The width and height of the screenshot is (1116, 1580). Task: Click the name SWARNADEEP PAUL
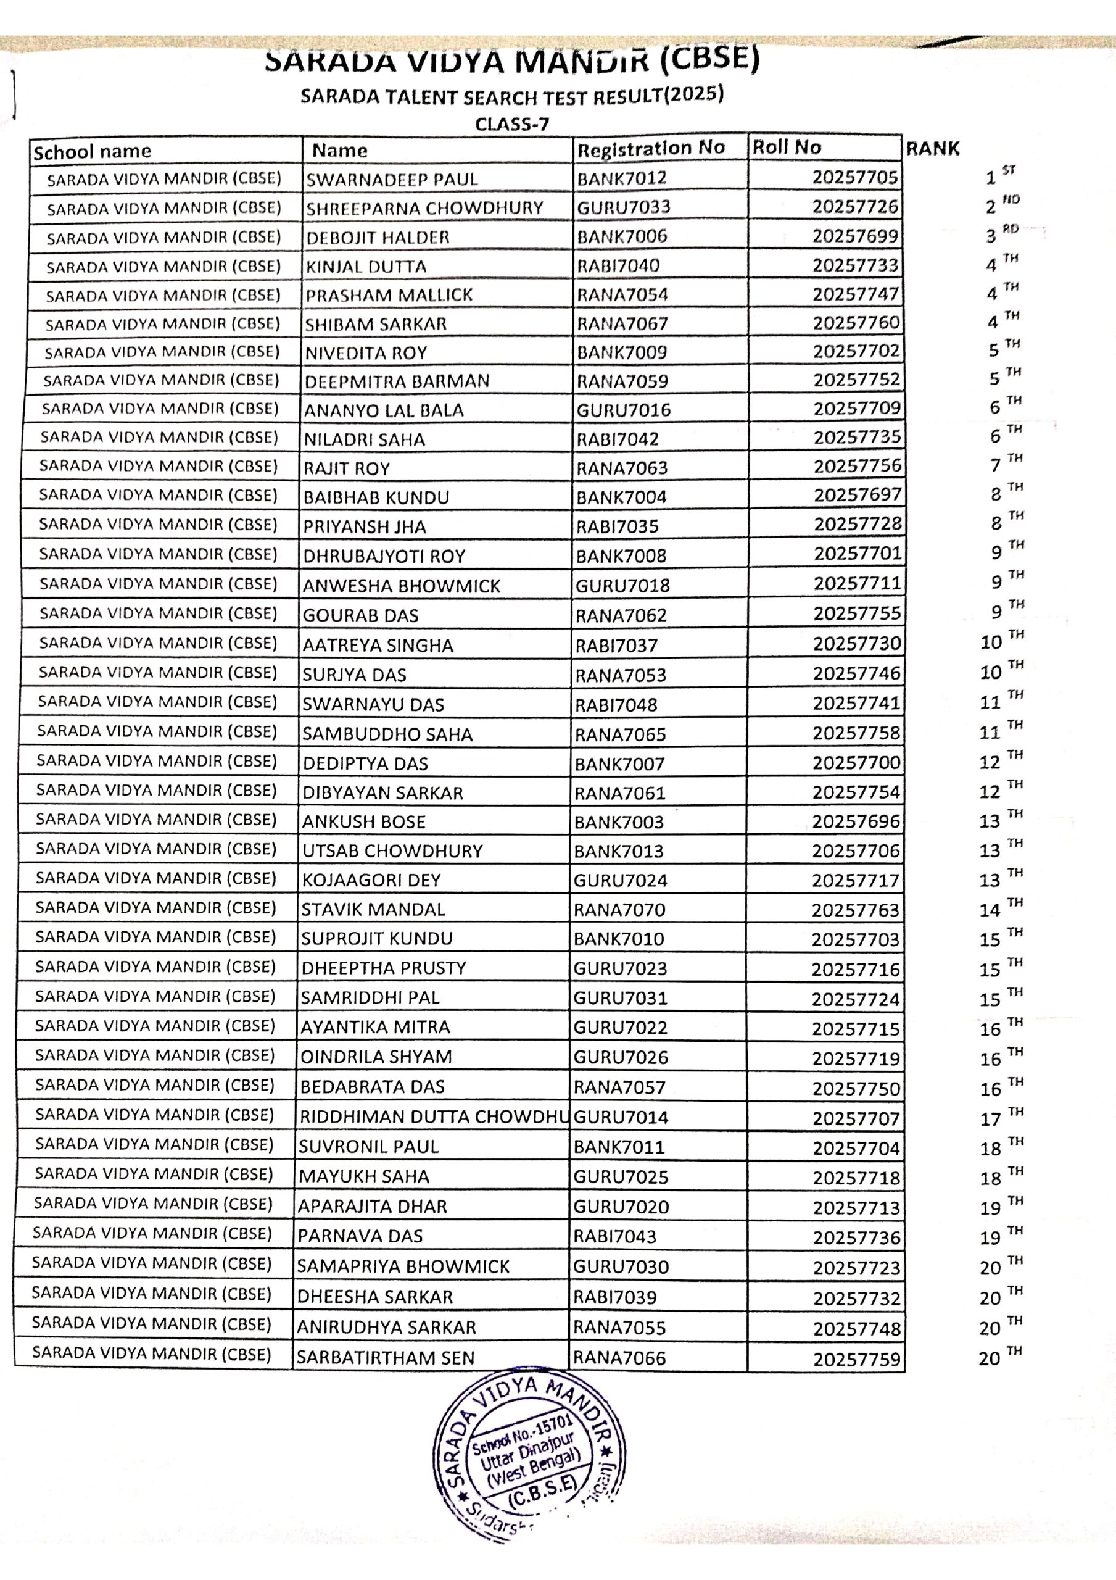click(x=392, y=180)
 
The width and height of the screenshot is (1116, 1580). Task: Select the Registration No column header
click(x=650, y=149)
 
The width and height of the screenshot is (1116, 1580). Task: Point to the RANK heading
click(x=932, y=149)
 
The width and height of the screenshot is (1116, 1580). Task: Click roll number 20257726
click(x=855, y=206)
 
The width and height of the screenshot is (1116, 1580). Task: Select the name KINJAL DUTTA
click(x=366, y=266)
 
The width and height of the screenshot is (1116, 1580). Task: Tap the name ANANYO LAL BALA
click(x=384, y=410)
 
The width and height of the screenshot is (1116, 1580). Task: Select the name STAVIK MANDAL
click(x=373, y=910)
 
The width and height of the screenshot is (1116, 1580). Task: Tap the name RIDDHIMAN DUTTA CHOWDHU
click(x=434, y=1117)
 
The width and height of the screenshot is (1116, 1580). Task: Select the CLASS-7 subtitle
click(x=512, y=125)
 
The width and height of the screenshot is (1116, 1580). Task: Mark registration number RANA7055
click(x=619, y=1328)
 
